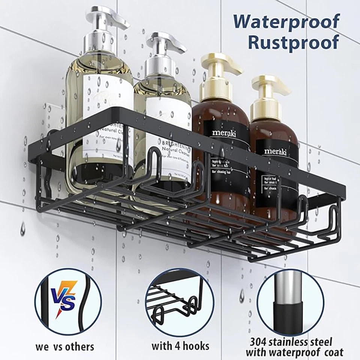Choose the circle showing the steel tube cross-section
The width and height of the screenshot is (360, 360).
coord(290,303)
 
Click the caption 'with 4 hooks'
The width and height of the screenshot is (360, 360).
coord(180,345)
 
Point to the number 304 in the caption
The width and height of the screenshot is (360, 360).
coord(258,342)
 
